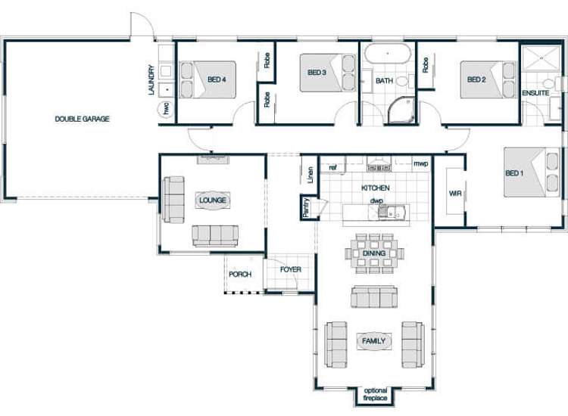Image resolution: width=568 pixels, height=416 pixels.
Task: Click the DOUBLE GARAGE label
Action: pyautogui.click(x=83, y=119)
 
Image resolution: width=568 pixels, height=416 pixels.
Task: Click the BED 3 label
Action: pyautogui.click(x=317, y=73)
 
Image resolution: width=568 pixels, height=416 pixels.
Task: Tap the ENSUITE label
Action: pyautogui.click(x=535, y=93)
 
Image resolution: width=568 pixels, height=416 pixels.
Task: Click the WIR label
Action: pyautogui.click(x=455, y=194)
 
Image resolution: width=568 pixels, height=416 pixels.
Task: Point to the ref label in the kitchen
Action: pyautogui.click(x=332, y=167)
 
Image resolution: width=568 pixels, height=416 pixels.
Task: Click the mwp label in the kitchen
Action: pyautogui.click(x=421, y=163)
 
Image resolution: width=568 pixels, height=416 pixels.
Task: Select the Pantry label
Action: pyautogui.click(x=306, y=207)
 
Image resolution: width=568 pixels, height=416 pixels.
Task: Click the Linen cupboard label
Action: pyautogui.click(x=310, y=175)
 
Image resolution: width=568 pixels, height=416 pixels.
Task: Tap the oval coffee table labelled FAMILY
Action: pyautogui.click(x=373, y=341)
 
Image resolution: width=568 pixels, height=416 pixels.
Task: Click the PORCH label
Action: pyautogui.click(x=240, y=274)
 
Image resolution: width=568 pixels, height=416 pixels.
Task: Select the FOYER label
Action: pyautogui.click(x=290, y=269)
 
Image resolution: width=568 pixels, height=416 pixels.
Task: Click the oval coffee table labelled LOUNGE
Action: pyautogui.click(x=213, y=200)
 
